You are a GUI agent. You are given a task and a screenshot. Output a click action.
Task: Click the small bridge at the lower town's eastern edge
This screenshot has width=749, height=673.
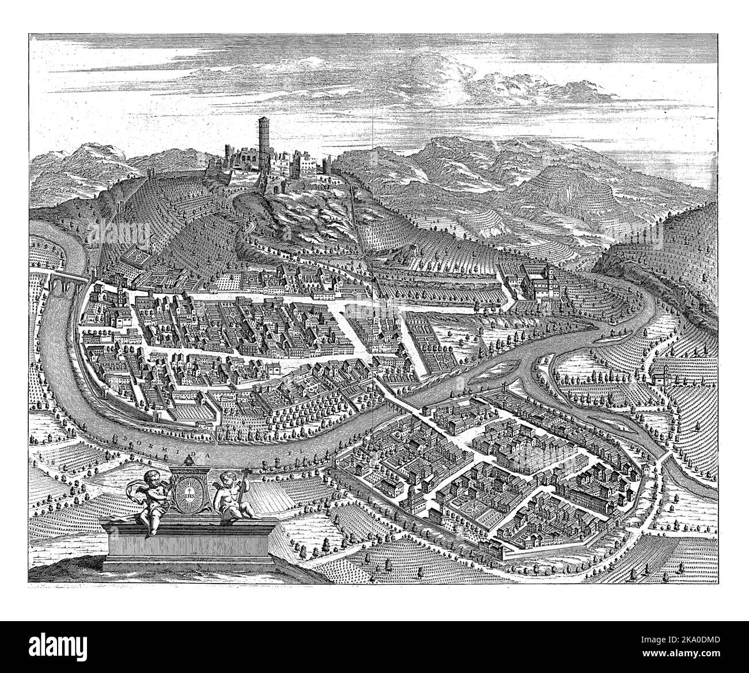667,462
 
